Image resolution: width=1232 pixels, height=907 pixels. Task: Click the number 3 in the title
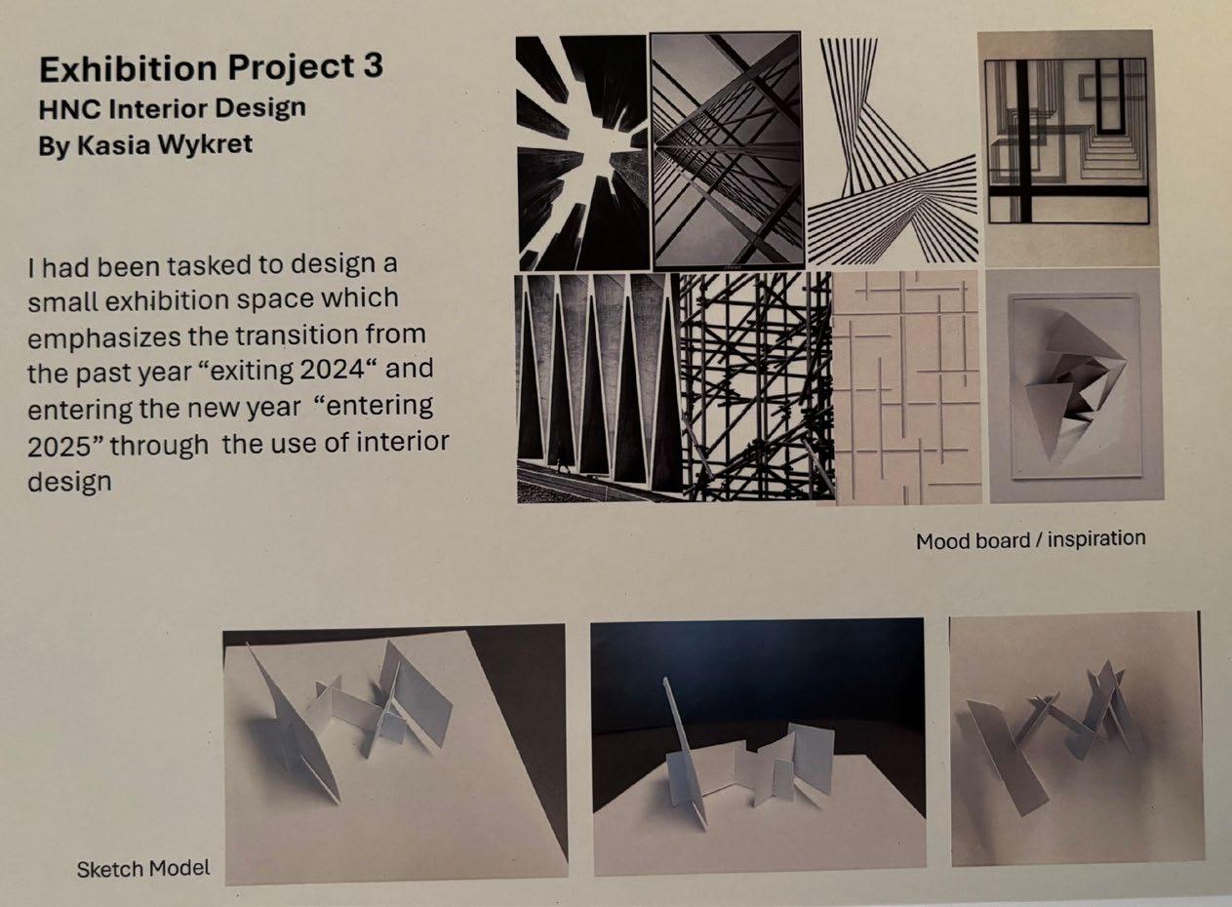tap(373, 66)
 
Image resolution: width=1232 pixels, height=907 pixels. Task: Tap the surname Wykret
tap(205, 144)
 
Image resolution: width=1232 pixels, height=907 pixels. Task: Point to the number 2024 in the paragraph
tap(332, 371)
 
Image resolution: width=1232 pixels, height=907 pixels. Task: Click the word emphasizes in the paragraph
tap(104, 337)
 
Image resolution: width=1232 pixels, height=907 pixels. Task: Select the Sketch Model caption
tap(143, 869)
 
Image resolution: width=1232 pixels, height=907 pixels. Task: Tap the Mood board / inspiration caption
tap(1031, 539)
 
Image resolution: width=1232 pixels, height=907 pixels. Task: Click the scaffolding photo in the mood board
tap(757, 386)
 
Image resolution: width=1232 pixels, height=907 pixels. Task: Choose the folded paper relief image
tap(1076, 386)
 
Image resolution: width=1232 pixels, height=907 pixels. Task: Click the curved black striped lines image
tap(893, 149)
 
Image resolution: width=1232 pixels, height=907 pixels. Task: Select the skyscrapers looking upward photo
tap(582, 153)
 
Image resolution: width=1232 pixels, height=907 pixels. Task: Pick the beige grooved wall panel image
tap(908, 388)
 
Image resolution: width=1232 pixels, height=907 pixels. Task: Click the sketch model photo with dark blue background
tap(759, 746)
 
